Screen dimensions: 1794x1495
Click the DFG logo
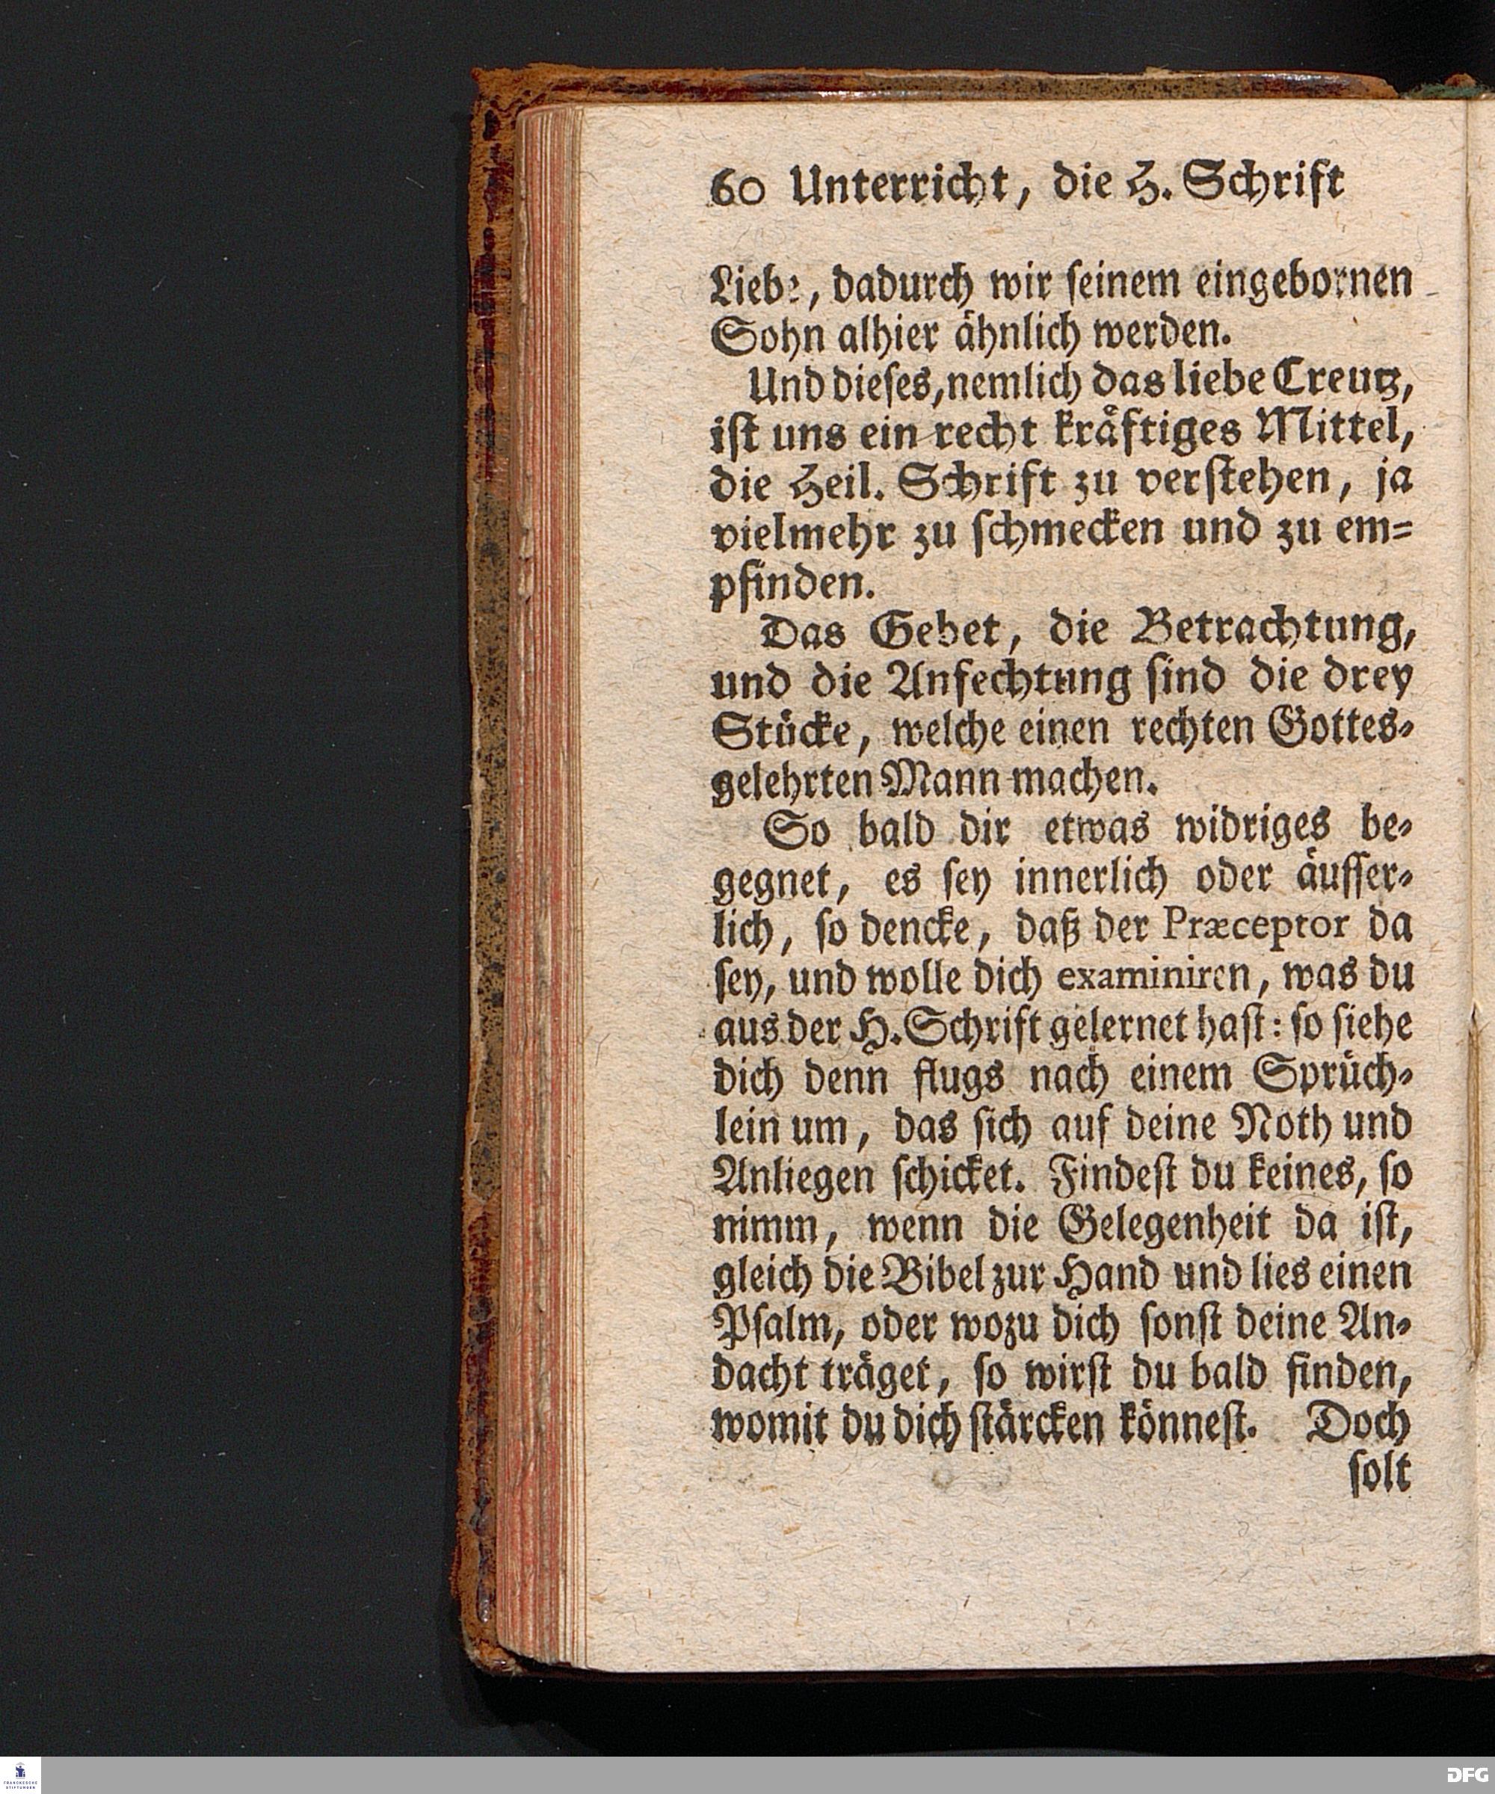pos(1467,1777)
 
